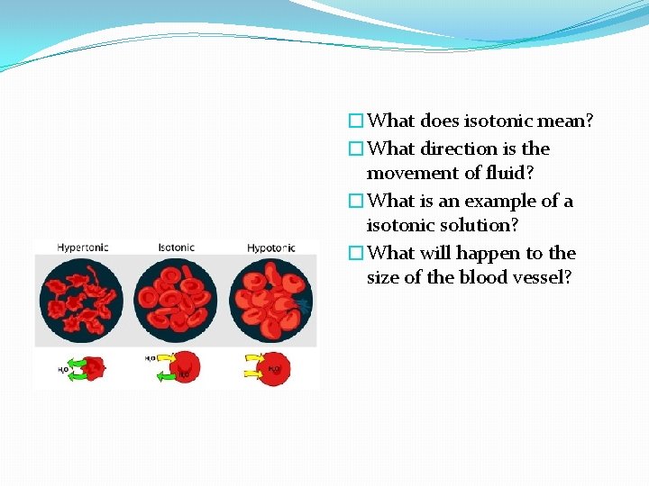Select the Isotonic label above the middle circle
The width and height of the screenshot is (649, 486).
[176, 247]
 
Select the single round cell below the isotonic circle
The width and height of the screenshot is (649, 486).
[184, 367]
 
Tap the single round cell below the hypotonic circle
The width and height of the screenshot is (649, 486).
[275, 367]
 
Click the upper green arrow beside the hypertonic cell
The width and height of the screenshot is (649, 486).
[75, 361]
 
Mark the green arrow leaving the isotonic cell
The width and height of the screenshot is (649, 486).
[164, 377]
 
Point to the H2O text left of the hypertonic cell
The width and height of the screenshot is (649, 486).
[63, 369]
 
